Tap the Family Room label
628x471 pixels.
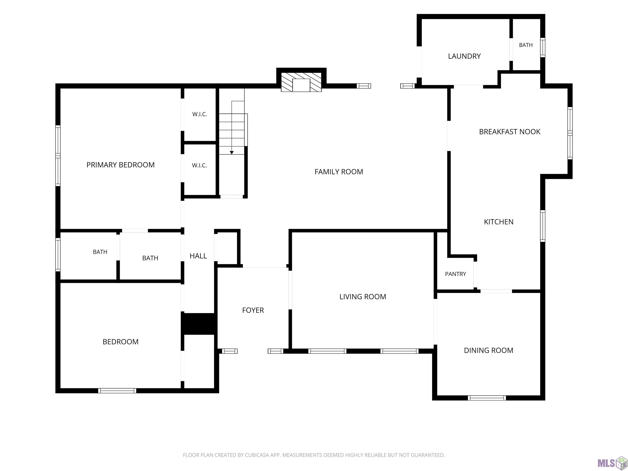pyautogui.click(x=339, y=172)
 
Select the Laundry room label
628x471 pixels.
pyautogui.click(x=464, y=56)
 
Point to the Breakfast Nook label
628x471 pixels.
pyautogui.click(x=510, y=131)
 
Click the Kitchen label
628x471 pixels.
pyautogui.click(x=499, y=222)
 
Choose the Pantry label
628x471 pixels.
pyautogui.click(x=455, y=274)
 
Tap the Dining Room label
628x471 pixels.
pyautogui.click(x=488, y=350)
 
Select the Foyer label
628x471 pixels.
pyautogui.click(x=253, y=310)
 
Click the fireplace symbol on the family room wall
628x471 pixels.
pyautogui.click(x=301, y=82)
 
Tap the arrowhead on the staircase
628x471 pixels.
pyautogui.click(x=232, y=153)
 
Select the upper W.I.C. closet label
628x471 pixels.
pyautogui.click(x=200, y=114)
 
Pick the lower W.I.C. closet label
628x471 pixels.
pyautogui.click(x=199, y=165)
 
